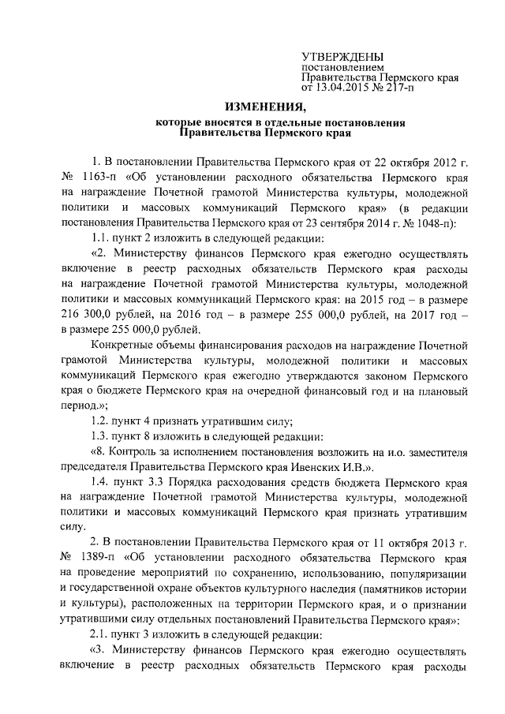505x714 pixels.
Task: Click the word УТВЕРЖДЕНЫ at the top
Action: [x=342, y=56]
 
